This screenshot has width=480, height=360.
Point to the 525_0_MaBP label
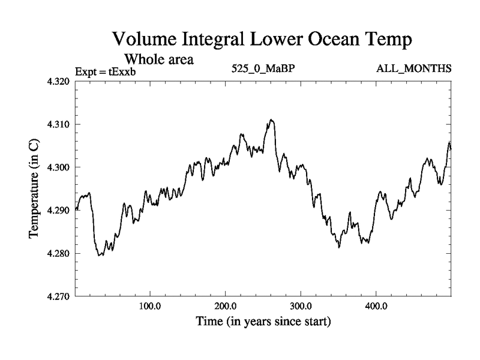pyautogui.click(x=263, y=67)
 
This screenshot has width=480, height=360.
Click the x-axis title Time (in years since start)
pyautogui.click(x=263, y=322)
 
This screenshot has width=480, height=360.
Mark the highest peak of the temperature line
pyautogui.click(x=272, y=120)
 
